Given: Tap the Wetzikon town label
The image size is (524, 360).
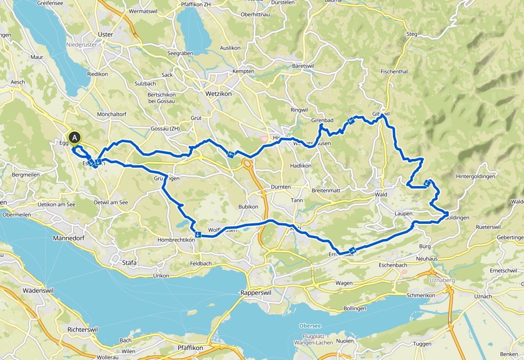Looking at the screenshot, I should [218, 94].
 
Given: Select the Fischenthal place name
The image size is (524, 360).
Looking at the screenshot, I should [394, 71].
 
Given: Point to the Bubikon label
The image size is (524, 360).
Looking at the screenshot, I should [248, 207].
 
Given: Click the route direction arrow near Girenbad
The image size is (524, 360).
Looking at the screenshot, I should [351, 121].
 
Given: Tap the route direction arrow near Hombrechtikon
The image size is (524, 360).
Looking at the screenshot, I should [197, 233].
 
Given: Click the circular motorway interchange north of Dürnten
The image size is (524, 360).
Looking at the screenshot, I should [247, 165].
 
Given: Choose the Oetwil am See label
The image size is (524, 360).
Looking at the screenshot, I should [111, 202].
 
